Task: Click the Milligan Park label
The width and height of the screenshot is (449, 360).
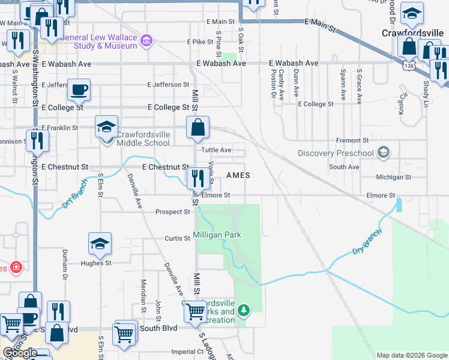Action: [217, 235]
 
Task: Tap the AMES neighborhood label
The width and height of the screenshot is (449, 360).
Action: [238, 175]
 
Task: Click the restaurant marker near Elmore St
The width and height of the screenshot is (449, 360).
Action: [195, 178]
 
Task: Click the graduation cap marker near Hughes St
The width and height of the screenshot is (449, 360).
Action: [100, 244]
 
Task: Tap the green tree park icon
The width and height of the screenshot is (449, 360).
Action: [243, 310]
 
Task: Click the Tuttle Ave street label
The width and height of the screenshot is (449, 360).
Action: [216, 150]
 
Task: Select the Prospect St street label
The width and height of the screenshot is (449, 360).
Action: [172, 212]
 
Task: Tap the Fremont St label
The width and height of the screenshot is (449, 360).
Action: [348, 140]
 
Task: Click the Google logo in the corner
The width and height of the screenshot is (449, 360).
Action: [20, 353]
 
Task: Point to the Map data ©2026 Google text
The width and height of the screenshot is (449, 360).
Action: [411, 355]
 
